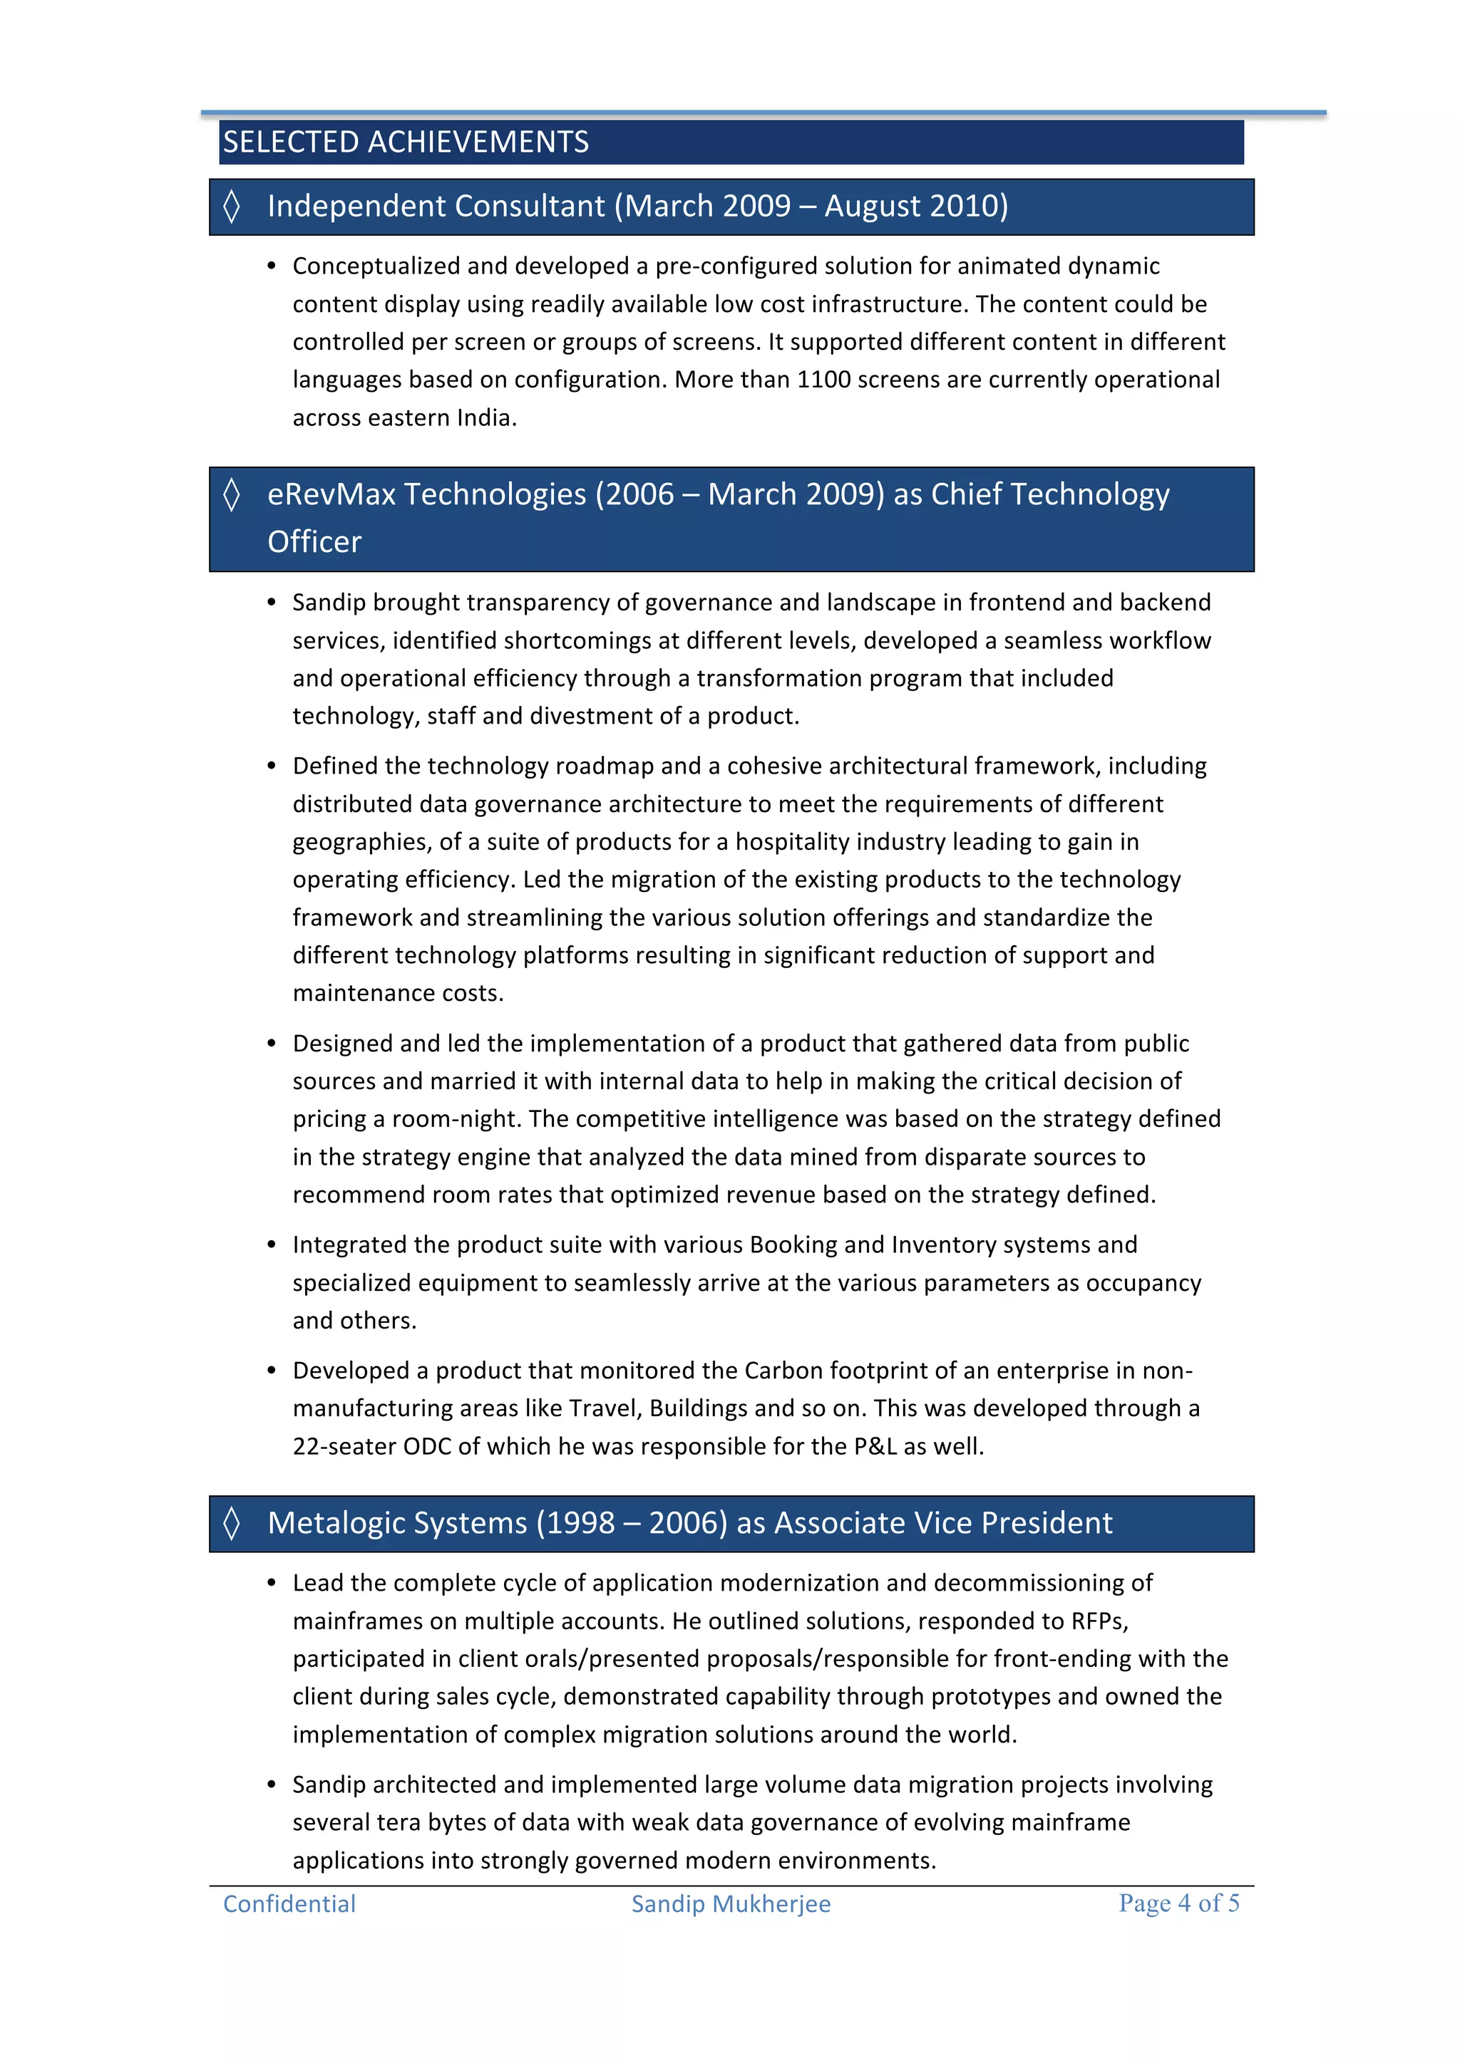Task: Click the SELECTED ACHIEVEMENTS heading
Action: (406, 142)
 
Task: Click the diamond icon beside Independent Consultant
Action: (232, 206)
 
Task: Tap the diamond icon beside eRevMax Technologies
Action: (232, 494)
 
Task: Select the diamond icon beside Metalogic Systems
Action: (232, 1523)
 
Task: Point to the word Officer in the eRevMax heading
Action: (314, 542)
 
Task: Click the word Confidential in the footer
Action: (289, 1903)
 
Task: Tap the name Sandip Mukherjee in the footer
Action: (731, 1903)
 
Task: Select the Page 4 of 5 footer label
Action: (1178, 1902)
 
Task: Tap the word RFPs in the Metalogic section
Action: (1098, 1621)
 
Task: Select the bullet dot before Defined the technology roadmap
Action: (272, 767)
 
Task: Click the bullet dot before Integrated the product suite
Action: (272, 1245)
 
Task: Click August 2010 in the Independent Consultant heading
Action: (916, 206)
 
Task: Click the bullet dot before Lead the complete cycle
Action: (272, 1583)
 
